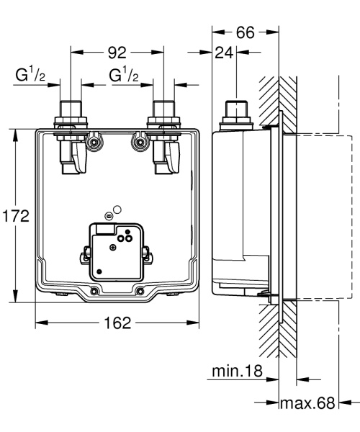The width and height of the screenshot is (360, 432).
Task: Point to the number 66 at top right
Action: click(246, 33)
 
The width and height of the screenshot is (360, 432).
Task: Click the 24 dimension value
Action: click(223, 53)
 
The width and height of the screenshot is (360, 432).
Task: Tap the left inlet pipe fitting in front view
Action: click(70, 113)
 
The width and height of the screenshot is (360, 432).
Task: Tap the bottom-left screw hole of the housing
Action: click(94, 292)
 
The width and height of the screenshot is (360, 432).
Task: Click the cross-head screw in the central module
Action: click(113, 246)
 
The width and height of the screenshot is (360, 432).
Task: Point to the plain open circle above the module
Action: click(117, 210)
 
